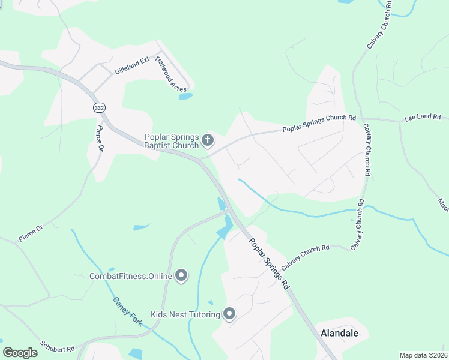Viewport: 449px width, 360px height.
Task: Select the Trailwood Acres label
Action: tap(170, 74)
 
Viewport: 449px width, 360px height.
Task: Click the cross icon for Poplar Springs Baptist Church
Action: tap(208, 141)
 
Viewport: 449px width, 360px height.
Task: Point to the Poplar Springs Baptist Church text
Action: tap(171, 141)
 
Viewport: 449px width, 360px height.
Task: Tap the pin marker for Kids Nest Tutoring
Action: tap(229, 314)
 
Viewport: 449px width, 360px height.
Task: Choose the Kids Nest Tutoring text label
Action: tap(185, 314)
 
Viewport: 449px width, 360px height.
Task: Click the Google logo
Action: tap(20, 353)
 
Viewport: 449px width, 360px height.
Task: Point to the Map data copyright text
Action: tap(424, 355)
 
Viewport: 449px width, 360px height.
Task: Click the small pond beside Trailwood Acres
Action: tap(185, 96)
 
